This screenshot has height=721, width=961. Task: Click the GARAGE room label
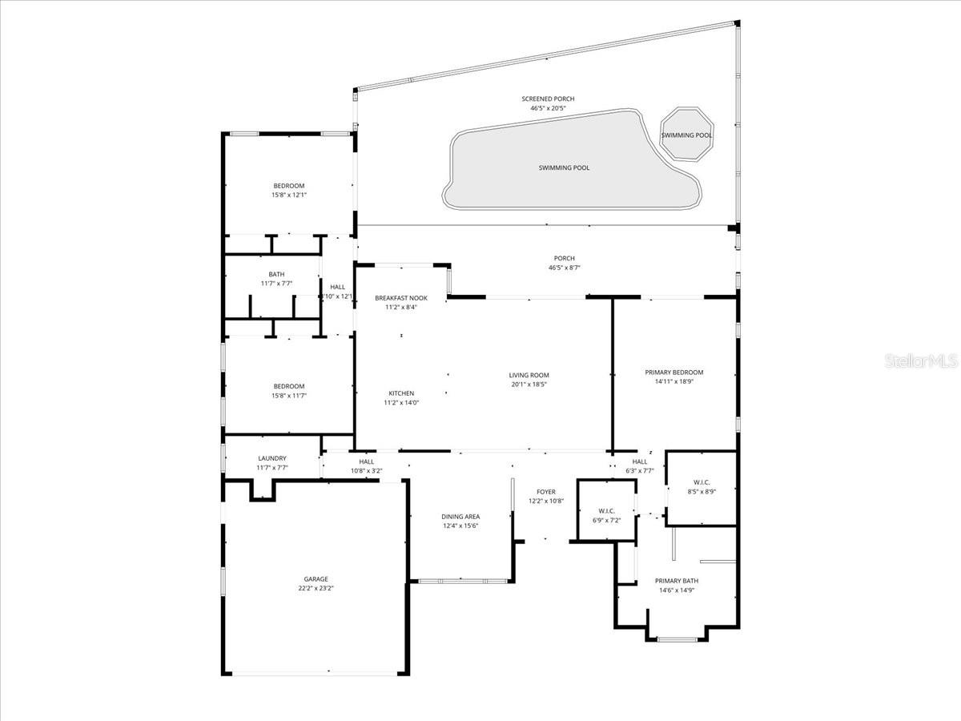tap(316, 579)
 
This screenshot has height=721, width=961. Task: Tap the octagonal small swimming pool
tap(686, 134)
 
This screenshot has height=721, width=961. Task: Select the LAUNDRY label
tap(271, 459)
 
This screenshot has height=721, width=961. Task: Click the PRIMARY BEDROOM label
tap(674, 373)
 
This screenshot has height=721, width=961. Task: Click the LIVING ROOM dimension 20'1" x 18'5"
tap(529, 385)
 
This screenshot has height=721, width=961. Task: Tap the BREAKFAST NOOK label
tap(401, 298)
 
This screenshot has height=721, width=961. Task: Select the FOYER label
tap(546, 492)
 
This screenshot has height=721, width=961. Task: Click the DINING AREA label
tap(460, 517)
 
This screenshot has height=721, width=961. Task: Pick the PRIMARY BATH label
tap(677, 581)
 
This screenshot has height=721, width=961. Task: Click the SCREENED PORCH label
tap(553, 99)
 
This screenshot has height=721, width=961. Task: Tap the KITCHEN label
tap(401, 393)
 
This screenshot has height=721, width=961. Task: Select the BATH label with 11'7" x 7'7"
tap(276, 275)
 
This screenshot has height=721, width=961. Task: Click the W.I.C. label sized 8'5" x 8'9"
tap(701, 482)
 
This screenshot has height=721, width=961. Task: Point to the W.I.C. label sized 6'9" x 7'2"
tap(606, 511)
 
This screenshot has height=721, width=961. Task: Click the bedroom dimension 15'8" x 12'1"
tap(289, 195)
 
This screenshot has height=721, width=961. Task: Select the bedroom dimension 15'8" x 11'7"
tap(289, 396)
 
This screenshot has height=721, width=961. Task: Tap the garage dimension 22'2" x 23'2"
tap(316, 589)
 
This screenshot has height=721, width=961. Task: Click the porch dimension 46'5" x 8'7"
tap(564, 268)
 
